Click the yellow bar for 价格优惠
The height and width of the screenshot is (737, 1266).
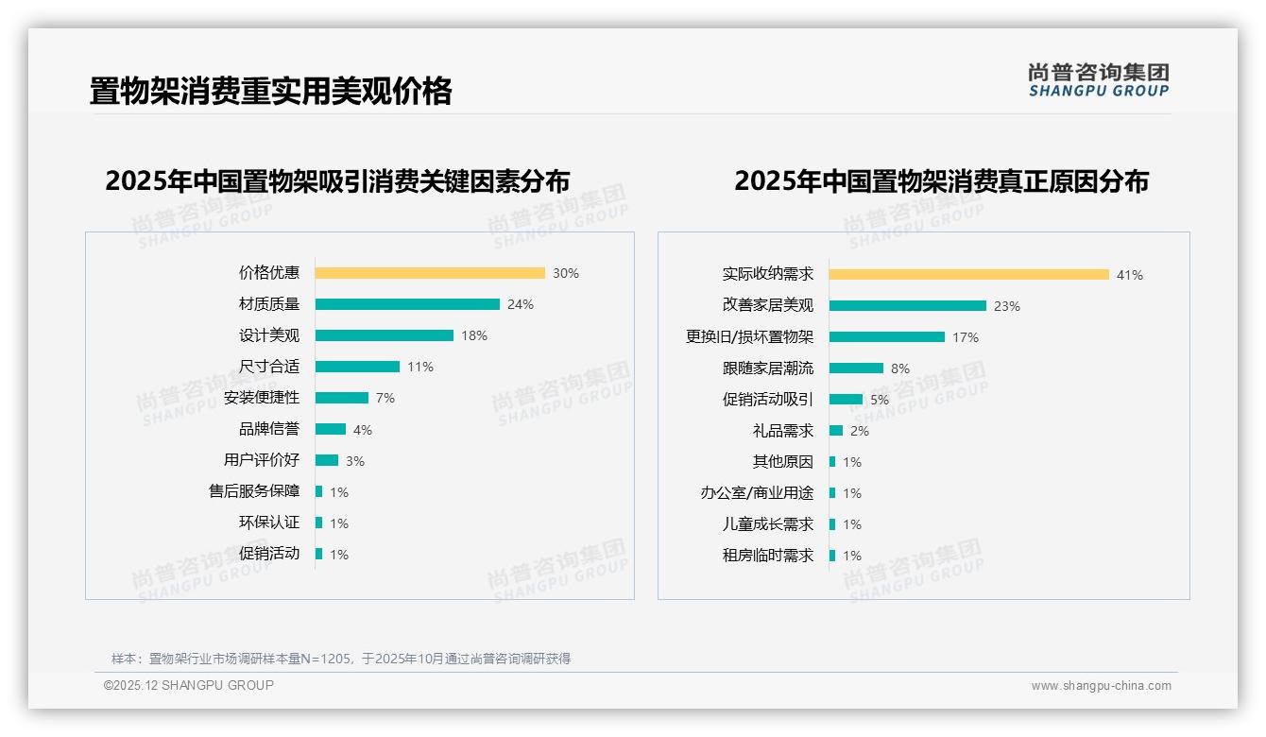[430, 273]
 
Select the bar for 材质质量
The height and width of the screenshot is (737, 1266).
[407, 304]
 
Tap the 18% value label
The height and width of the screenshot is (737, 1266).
[474, 335]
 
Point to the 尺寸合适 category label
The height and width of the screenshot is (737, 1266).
[269, 367]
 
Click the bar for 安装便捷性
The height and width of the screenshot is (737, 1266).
[342, 398]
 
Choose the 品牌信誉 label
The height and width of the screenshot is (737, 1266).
[269, 429]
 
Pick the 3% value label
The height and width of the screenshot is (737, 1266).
[355, 461]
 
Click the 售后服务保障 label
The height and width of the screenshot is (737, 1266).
[254, 491]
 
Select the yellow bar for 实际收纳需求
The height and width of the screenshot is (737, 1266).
[969, 275]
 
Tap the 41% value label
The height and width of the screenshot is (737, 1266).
[1130, 275]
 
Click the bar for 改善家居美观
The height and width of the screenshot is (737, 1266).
[908, 306]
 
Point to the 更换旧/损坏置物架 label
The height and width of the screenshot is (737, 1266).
[749, 337]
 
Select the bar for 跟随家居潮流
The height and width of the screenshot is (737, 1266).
[857, 368]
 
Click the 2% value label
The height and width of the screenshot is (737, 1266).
[860, 431]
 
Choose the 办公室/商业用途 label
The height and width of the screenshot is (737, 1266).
[757, 493]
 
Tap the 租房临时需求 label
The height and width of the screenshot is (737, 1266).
[768, 556]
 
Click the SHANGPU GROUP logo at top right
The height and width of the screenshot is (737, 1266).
[1099, 80]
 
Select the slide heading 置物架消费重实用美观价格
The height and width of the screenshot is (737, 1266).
[271, 91]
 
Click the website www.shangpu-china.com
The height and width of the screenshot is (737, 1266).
[1101, 686]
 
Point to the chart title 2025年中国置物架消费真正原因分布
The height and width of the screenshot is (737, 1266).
[941, 181]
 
